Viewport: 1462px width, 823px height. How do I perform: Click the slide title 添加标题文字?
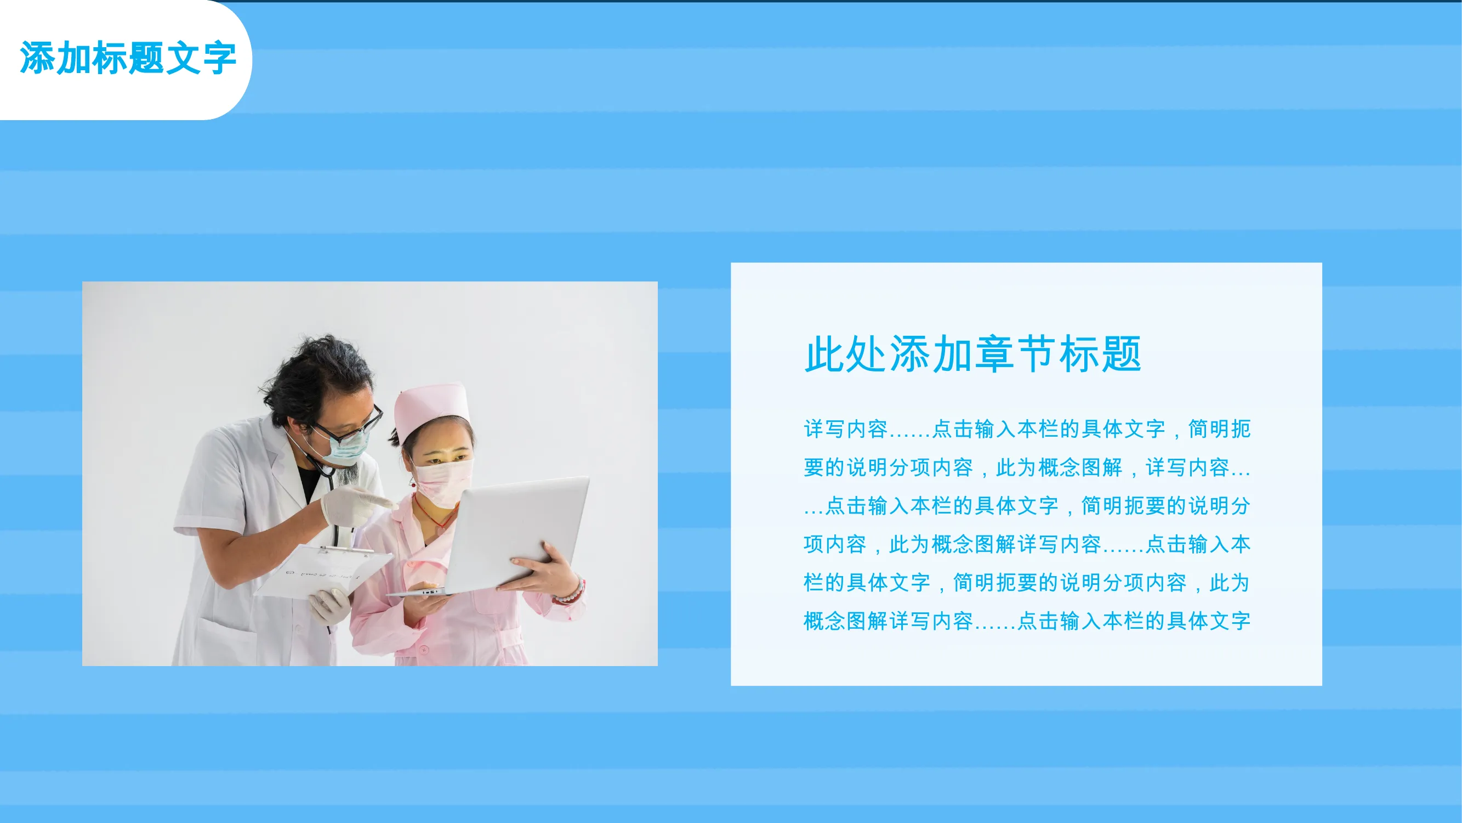(x=128, y=58)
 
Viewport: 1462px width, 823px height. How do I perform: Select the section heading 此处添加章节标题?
(x=973, y=354)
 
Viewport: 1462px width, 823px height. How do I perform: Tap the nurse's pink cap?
(x=431, y=410)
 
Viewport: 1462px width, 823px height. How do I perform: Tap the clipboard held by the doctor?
(x=323, y=571)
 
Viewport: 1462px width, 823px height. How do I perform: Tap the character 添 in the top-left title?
(x=37, y=58)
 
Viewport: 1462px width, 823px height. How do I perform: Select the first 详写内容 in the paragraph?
(x=846, y=429)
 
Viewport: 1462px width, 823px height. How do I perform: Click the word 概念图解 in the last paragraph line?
(x=846, y=621)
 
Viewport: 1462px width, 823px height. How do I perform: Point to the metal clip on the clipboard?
(x=344, y=549)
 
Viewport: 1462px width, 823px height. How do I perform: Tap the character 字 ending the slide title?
(x=220, y=58)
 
